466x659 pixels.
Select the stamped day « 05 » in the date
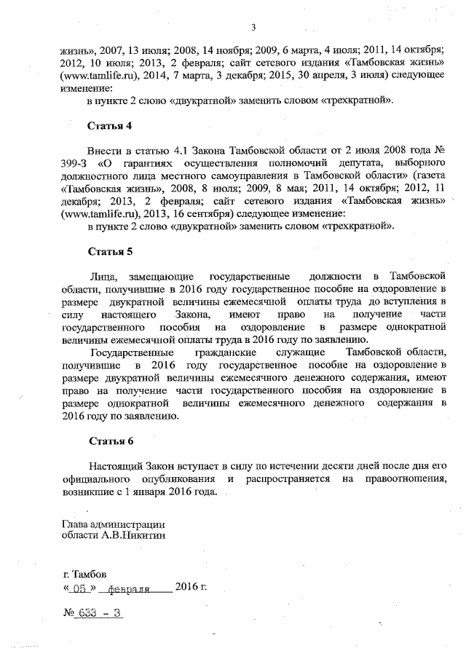pyautogui.click(x=80, y=587)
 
